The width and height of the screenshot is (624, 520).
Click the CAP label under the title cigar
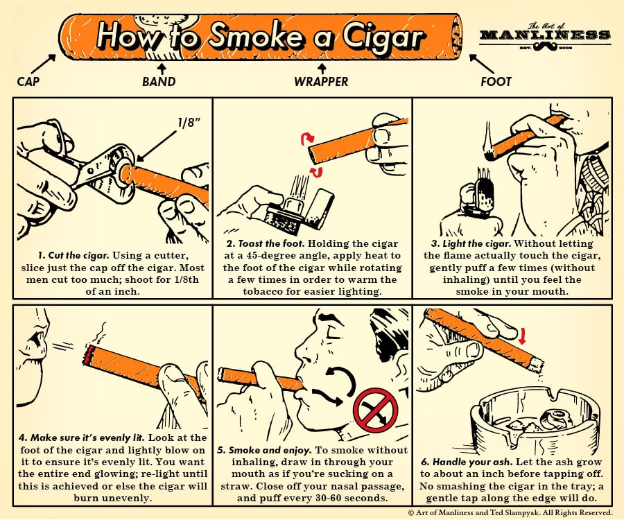pos(28,82)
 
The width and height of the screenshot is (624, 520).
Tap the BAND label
pos(159,82)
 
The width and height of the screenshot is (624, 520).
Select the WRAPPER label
pos(321,82)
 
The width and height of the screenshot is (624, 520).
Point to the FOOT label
pos(496,82)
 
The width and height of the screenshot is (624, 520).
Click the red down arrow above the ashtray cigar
pos(523,336)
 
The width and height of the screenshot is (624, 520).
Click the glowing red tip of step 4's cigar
pos(87,356)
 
